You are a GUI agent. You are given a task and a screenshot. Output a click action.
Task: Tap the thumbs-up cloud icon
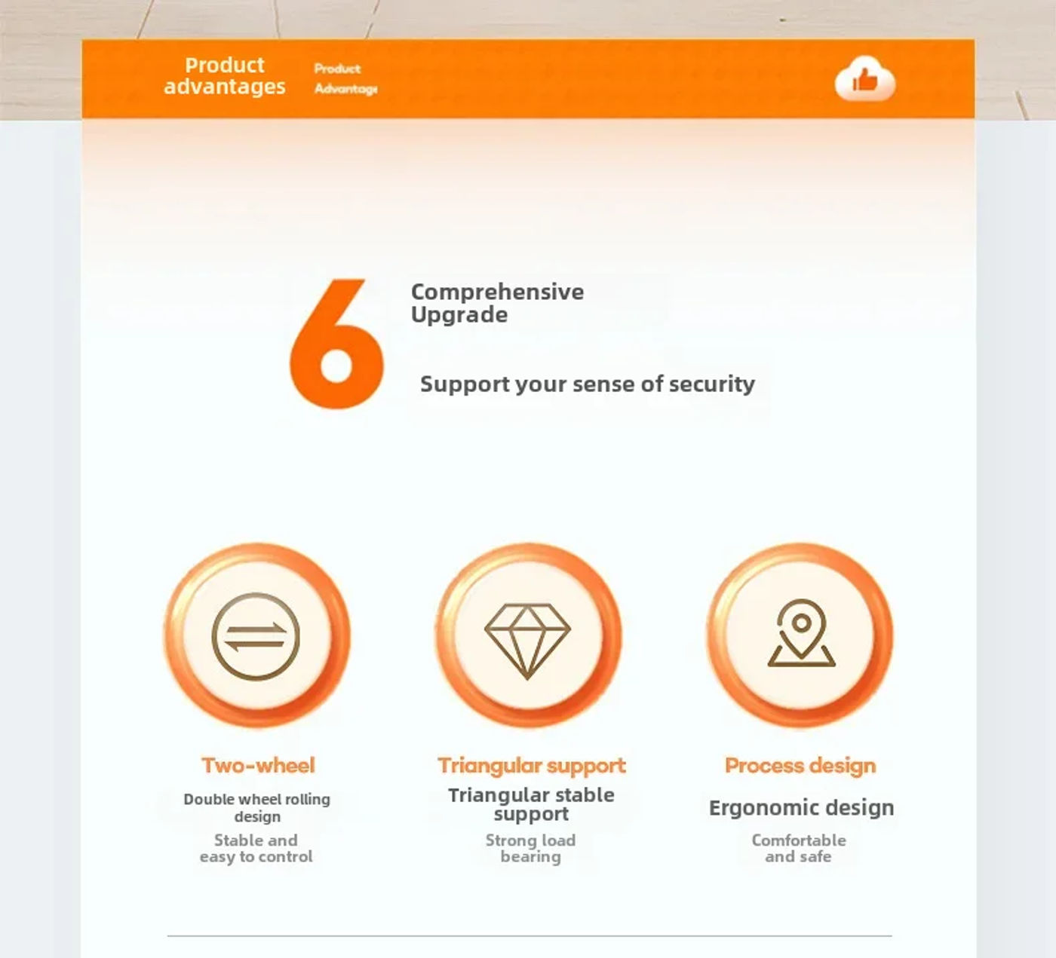click(865, 78)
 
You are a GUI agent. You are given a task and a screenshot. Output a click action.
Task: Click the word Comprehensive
click(498, 292)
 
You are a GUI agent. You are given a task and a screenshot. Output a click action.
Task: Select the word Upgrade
click(459, 314)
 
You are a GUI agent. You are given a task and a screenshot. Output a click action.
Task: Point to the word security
click(712, 384)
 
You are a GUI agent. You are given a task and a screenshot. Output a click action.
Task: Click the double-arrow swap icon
click(256, 636)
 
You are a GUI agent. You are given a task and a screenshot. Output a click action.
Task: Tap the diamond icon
click(527, 641)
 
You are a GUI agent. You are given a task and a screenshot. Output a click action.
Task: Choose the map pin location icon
click(801, 633)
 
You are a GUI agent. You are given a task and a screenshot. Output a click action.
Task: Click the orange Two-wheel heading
click(258, 766)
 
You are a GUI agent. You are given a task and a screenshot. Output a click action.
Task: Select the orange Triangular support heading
click(532, 766)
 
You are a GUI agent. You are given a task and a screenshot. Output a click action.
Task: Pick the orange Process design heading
click(800, 766)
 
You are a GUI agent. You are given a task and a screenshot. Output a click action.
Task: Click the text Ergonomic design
click(801, 807)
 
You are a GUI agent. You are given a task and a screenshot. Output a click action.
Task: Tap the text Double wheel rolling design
click(257, 807)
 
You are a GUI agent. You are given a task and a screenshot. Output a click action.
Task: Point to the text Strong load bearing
click(530, 848)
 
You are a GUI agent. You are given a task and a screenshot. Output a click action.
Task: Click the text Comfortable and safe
click(799, 848)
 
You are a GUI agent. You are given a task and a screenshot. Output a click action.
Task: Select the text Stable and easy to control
click(256, 848)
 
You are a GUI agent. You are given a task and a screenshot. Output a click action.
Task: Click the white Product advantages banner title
click(225, 76)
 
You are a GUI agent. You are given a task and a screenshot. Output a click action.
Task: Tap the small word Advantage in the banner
click(346, 89)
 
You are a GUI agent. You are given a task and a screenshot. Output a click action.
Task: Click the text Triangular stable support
click(531, 804)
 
